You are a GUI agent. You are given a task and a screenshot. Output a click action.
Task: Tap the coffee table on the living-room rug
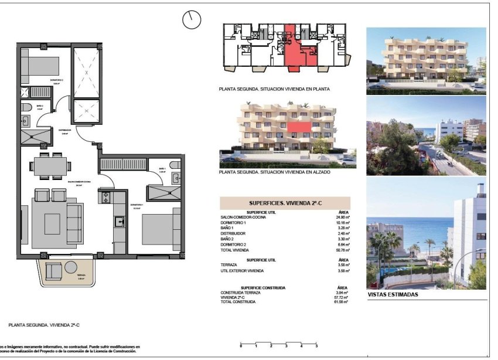click(x=52, y=222)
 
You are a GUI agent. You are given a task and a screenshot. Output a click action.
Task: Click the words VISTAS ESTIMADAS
click(x=393, y=295)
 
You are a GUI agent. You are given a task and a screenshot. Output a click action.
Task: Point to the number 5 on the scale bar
click(x=301, y=347)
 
